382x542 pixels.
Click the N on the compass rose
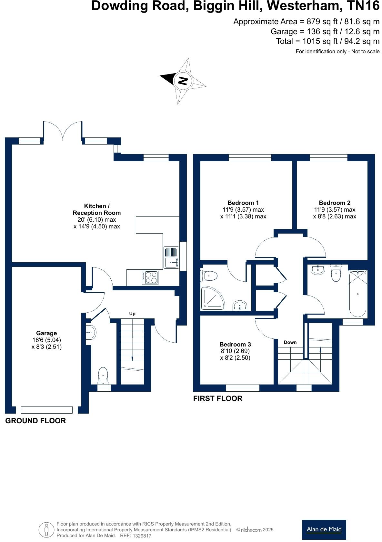click(x=183, y=80)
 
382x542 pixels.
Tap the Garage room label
click(x=46, y=333)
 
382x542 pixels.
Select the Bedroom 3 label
click(x=235, y=344)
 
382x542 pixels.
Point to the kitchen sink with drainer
click(x=171, y=257)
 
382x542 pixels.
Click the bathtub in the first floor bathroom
click(x=357, y=294)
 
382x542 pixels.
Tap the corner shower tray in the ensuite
click(x=212, y=297)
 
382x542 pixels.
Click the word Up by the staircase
click(x=132, y=313)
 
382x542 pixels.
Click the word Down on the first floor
click(x=290, y=342)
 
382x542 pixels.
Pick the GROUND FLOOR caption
click(x=35, y=420)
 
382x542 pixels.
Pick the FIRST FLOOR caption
click(x=217, y=398)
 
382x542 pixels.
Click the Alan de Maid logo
click(x=324, y=529)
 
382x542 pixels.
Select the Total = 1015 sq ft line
click(x=327, y=41)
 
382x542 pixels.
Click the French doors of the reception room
click(x=63, y=131)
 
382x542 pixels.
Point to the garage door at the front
click(x=46, y=410)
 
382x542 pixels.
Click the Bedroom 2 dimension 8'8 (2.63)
click(x=334, y=216)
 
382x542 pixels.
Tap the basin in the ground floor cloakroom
click(x=91, y=332)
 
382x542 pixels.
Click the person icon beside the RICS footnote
click(x=46, y=530)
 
